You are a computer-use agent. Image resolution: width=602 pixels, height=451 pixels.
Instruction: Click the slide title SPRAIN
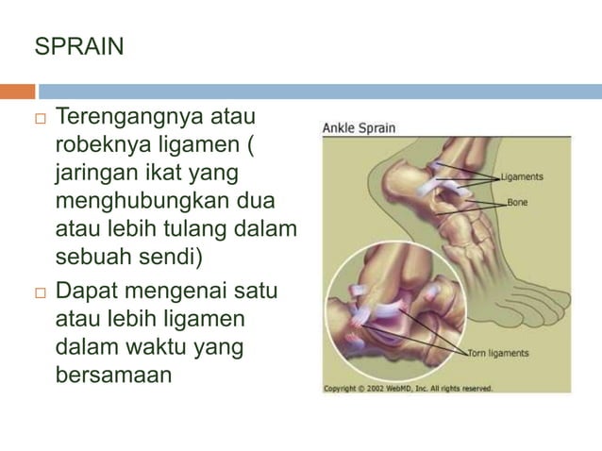coord(79,46)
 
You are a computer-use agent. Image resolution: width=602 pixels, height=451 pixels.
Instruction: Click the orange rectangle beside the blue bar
coord(17,92)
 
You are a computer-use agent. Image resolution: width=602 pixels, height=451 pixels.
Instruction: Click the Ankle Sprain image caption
coord(360,128)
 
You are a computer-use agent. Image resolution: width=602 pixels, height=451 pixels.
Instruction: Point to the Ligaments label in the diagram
coord(522,177)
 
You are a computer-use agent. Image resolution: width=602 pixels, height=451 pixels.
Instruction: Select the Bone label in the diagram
coord(517,202)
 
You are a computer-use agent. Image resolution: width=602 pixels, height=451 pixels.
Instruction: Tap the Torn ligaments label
coord(499,354)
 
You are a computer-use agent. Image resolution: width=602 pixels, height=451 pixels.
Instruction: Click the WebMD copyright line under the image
coord(409,388)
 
